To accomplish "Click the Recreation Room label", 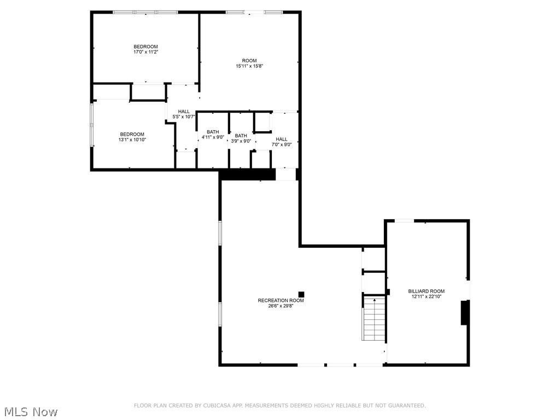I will point(281,300).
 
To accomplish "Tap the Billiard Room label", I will point(426,291).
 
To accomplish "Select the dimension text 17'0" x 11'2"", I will point(145,52).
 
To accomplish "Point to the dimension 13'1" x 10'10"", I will point(132,139).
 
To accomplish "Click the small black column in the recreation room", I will point(301,294).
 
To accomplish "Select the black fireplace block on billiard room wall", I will point(464,312).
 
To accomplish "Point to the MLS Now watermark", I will point(30,411).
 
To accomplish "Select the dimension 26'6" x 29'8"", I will point(281,306).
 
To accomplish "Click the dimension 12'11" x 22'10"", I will point(426,296).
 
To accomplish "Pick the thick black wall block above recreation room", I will point(247,174).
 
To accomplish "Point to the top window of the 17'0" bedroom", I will point(145,12).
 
